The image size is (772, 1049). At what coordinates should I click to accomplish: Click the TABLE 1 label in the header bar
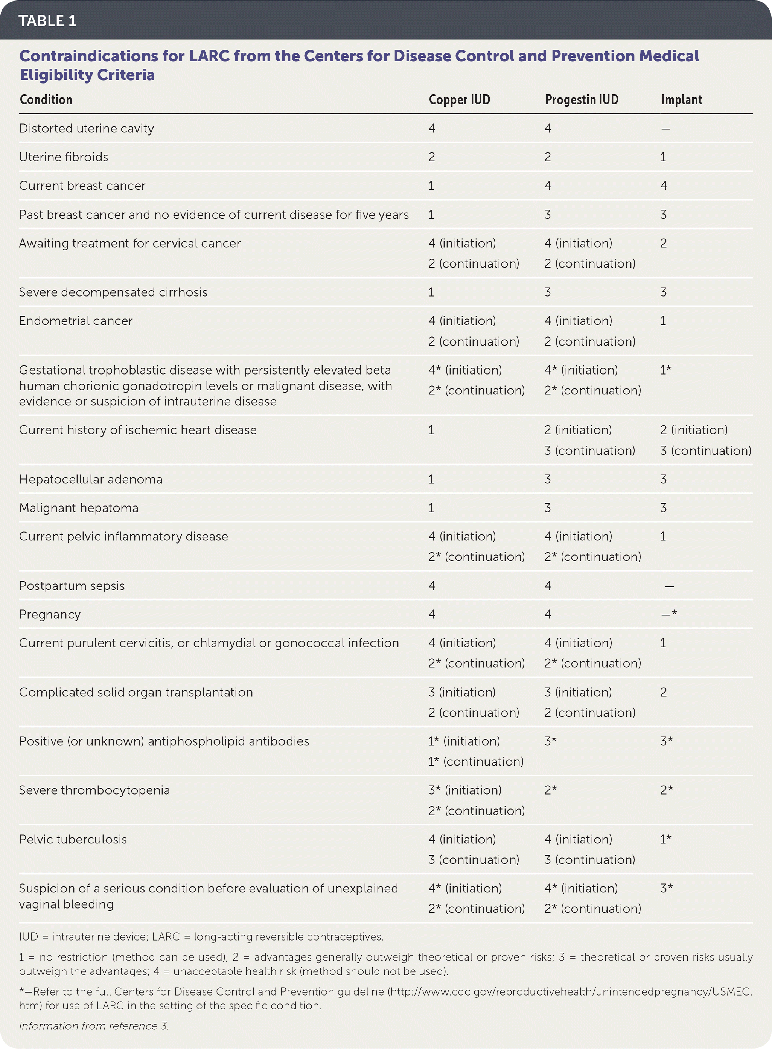[47, 21]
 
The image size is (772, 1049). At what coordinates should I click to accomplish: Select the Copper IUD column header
[459, 99]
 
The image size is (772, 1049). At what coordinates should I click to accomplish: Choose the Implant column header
[681, 99]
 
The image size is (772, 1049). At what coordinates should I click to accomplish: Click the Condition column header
[46, 99]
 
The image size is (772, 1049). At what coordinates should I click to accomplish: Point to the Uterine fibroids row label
[64, 157]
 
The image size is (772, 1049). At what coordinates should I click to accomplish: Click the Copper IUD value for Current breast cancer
[431, 186]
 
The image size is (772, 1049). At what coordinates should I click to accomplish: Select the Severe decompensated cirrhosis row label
[113, 292]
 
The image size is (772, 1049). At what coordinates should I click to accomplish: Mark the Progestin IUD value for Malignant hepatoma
[547, 508]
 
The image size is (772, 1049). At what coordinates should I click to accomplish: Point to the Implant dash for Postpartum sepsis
[669, 586]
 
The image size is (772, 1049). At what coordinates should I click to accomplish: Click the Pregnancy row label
[50, 614]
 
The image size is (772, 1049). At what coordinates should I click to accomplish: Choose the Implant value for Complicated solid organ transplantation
[663, 692]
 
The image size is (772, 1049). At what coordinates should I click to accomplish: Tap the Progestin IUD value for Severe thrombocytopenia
[550, 790]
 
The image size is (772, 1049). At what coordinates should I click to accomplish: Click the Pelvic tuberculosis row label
[73, 839]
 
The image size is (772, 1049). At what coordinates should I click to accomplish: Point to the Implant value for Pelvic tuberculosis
[665, 839]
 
